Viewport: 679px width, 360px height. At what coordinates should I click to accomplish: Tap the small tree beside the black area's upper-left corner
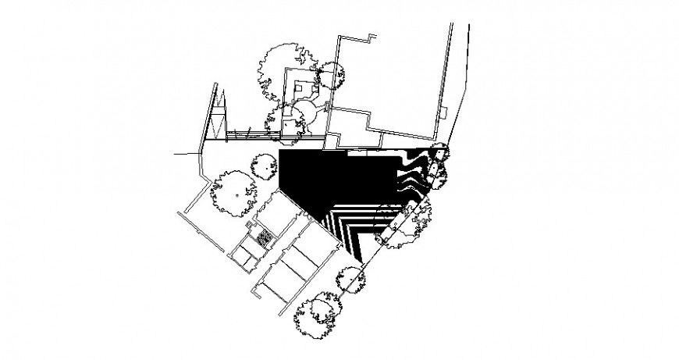(264, 167)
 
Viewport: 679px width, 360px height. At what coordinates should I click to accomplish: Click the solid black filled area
(328, 180)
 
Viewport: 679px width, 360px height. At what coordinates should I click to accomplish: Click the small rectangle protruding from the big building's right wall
(443, 113)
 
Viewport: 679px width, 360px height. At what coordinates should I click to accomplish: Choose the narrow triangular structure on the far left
(215, 117)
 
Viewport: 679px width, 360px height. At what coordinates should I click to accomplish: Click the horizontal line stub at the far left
(187, 155)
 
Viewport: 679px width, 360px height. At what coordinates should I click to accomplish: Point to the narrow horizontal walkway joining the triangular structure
(250, 135)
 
